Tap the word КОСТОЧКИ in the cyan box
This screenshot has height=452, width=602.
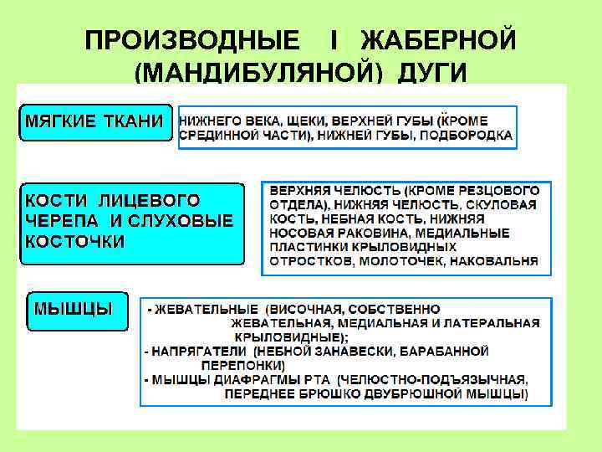point(75,241)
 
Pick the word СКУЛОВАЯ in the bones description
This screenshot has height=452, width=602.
point(505,204)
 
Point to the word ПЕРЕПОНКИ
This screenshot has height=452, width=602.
point(243,365)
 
